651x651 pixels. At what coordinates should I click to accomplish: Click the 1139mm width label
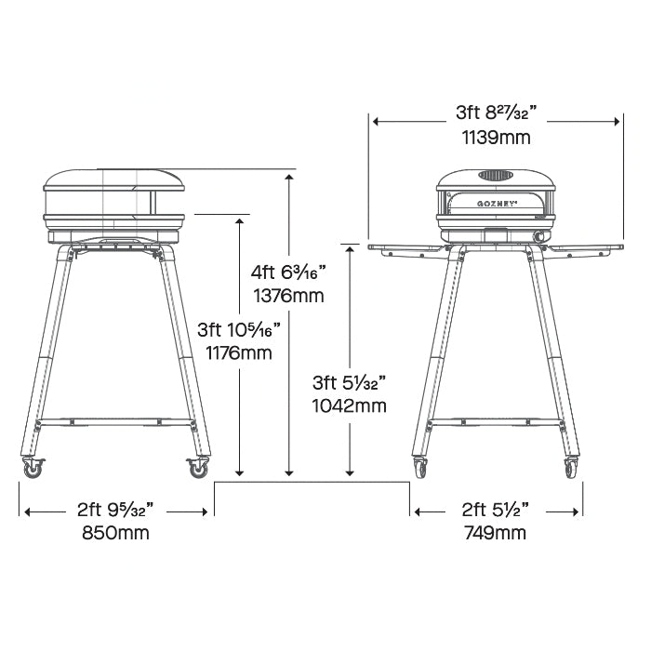pos(497,138)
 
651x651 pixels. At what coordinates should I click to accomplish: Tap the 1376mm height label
pos(289,296)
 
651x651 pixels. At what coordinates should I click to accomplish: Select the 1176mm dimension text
pos(239,353)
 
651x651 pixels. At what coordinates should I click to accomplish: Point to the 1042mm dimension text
pos(349,405)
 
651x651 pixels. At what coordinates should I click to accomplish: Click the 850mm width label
pos(115,532)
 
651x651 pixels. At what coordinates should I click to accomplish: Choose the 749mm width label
pos(496,532)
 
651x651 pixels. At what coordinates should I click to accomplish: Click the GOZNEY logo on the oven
pos(496,204)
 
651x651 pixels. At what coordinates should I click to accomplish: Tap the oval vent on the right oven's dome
pos(496,176)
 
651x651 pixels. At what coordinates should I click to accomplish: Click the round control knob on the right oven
pos(541,236)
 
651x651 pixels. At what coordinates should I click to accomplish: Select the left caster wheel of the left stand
pos(33,469)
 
